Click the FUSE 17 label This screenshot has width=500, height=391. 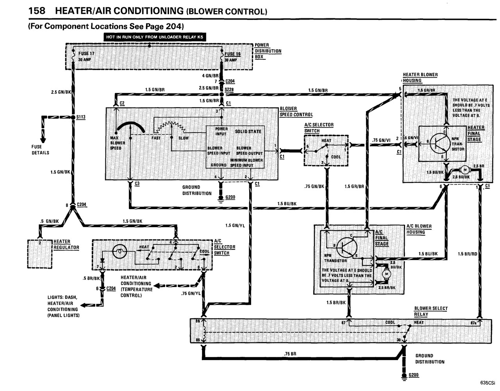pos(86,54)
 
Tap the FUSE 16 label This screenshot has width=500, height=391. pos(232,54)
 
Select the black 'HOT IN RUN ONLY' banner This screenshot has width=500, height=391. pos(155,37)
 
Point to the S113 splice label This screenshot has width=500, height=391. pos(81,117)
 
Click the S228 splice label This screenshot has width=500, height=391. pos(229,89)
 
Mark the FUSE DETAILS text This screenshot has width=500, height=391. pos(41,150)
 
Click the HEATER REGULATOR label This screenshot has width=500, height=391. pos(66,244)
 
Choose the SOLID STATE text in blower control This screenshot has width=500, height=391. pos(248,131)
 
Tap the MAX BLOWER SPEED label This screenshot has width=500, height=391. pos(118,143)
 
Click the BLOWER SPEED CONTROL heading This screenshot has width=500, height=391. pos(296,111)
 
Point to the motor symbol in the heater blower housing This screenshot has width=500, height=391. pos(465,169)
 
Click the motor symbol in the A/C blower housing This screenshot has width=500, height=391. pos(386,274)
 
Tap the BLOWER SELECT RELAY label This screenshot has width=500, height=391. pos(431,311)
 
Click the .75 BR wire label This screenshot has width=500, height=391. pos(290,354)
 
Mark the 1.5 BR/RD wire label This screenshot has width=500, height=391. pos(468,254)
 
